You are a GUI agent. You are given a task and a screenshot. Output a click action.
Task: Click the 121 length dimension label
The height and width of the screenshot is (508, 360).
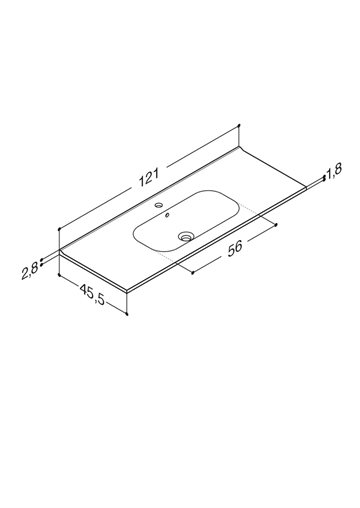(149, 177)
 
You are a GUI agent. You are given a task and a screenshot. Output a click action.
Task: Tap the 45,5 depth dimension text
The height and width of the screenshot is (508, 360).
(92, 294)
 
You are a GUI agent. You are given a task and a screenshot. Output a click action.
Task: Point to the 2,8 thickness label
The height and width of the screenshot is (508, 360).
(30, 271)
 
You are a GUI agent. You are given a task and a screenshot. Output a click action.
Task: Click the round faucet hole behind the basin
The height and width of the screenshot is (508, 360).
(159, 205)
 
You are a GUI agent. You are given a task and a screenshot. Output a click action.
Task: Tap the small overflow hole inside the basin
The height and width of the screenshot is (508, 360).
(167, 215)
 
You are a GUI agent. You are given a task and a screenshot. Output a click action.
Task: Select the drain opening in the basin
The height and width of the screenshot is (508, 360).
(185, 237)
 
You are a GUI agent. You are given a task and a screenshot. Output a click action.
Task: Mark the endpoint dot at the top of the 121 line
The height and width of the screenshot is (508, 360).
(239, 125)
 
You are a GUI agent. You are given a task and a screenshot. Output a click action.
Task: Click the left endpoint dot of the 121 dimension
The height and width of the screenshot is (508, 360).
(59, 229)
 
